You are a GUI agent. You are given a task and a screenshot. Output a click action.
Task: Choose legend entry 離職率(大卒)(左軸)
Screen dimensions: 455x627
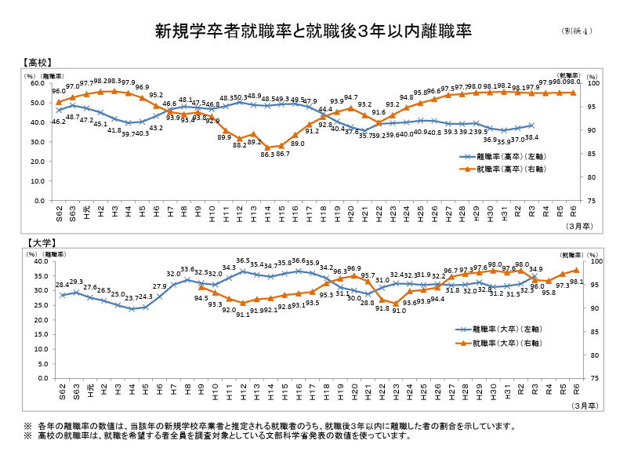coord(507,330)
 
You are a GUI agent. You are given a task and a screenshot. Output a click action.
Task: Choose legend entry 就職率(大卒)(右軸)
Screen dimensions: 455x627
coord(507,343)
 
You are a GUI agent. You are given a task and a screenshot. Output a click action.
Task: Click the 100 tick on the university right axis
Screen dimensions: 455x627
coord(595,263)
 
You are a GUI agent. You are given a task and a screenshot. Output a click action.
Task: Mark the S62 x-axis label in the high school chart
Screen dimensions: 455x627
coord(59,213)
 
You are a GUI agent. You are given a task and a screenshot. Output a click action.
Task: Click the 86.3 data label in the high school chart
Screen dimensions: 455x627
coord(267,154)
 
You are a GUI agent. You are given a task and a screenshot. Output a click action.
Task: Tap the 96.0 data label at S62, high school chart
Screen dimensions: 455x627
coord(59,92)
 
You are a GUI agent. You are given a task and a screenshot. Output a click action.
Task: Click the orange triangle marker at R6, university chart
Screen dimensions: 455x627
coord(576,271)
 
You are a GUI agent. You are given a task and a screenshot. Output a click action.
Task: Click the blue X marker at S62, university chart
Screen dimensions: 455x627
coord(62,295)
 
